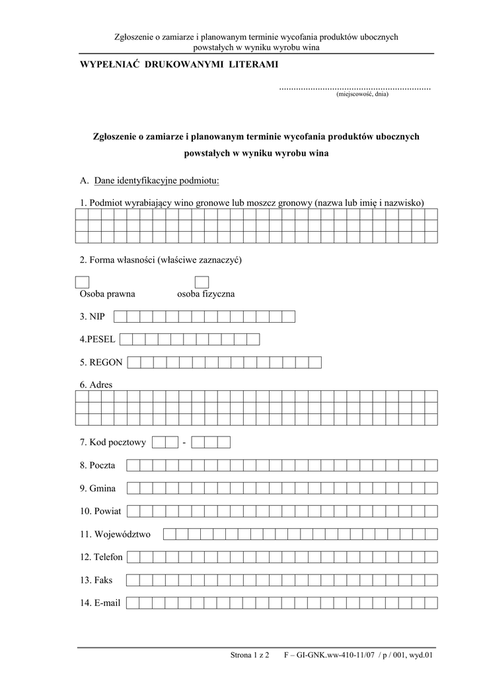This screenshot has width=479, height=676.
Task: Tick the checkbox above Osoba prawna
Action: tap(83, 283)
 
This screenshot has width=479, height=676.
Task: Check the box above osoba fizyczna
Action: tap(202, 283)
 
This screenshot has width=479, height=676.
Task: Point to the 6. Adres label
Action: tap(96, 385)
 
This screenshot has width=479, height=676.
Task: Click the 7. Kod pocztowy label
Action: tap(112, 442)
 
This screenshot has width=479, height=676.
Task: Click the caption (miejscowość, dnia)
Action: tap(362, 94)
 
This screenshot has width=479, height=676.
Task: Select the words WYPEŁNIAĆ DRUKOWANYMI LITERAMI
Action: tap(179, 64)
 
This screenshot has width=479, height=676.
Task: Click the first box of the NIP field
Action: tap(131, 317)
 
